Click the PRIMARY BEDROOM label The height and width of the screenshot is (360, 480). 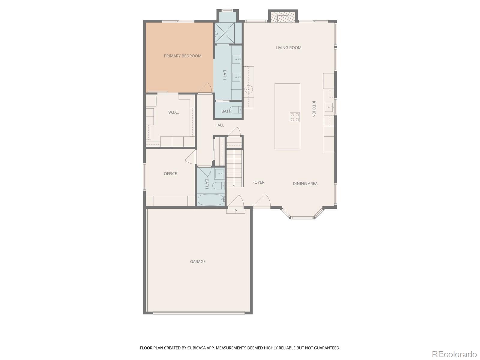tap(182, 56)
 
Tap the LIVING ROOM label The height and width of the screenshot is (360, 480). tap(288, 48)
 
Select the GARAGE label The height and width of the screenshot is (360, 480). tap(197, 261)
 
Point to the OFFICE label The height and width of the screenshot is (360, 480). tap(170, 174)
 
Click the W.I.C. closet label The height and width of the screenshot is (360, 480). tap(173, 112)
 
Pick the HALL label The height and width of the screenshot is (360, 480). tap(219, 125)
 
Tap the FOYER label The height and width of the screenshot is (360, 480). tap(258, 182)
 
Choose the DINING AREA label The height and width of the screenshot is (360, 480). tap(305, 184)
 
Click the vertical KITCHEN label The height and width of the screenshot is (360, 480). tap(313, 109)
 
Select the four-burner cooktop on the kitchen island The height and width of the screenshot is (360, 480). tap(295, 117)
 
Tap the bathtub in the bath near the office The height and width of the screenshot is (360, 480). tap(211, 200)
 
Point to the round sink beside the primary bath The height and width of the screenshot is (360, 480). tap(248, 89)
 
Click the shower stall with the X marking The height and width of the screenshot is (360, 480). tap(224, 33)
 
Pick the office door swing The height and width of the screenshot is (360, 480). tap(191, 157)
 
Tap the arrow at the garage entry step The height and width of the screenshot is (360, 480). tap(236, 211)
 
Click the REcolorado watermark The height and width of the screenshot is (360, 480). tap(454, 354)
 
